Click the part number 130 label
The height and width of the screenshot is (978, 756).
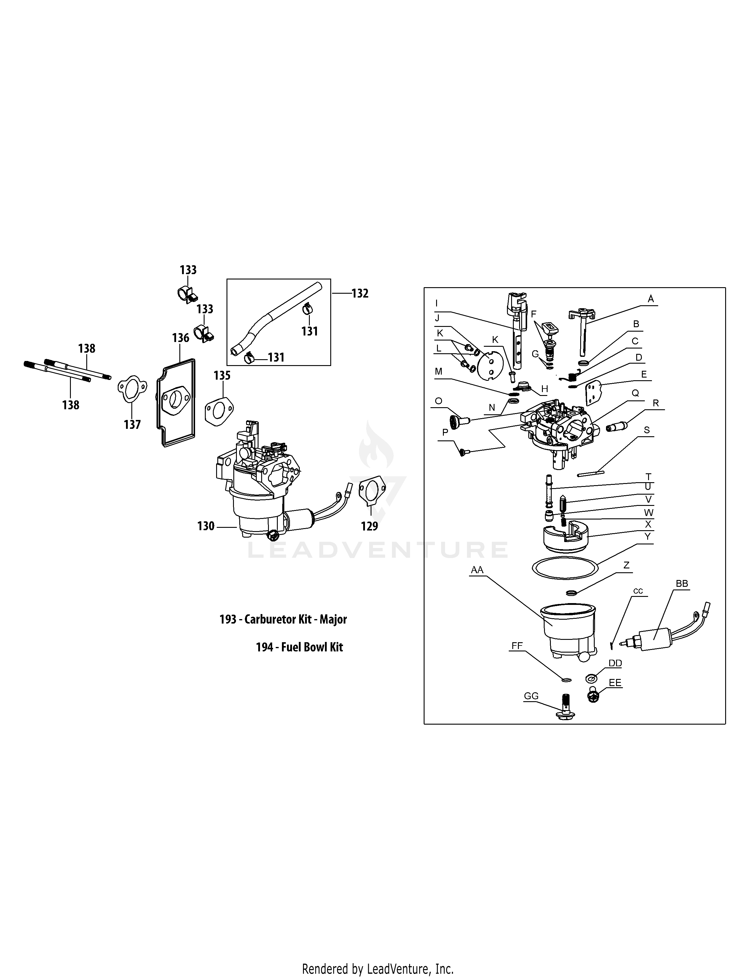[205, 526]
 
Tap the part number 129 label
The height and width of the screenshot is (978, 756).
[369, 526]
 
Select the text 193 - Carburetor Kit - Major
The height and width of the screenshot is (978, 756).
[283, 619]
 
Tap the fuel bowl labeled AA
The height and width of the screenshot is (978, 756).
[568, 631]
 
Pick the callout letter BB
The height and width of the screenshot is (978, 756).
[682, 584]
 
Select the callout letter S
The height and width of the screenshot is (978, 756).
[646, 430]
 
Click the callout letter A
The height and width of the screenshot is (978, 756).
[651, 299]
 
